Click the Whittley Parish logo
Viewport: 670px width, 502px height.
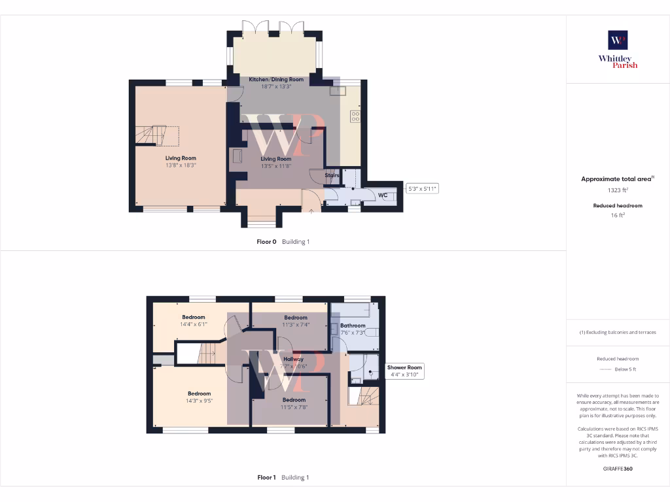(618, 49)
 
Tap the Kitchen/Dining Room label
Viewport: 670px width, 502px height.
(275, 79)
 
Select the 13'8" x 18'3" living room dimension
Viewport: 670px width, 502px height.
(181, 165)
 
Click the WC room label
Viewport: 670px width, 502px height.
(382, 195)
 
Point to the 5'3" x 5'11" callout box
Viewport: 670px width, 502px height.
(422, 189)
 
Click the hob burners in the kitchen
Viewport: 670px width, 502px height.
(355, 116)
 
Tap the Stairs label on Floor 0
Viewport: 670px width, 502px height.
(332, 175)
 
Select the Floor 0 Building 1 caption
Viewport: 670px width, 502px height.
(283, 242)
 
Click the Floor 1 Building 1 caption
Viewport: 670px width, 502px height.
(283, 478)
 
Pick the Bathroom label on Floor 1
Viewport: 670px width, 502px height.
(353, 325)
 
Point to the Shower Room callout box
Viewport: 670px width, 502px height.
(405, 371)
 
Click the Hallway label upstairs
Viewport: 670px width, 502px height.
(293, 359)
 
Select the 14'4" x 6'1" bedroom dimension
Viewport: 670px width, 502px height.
(193, 324)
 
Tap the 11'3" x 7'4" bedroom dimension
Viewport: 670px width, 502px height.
(296, 325)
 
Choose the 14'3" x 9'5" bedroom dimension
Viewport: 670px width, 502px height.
(198, 401)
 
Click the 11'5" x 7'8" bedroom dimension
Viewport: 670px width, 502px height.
(294, 407)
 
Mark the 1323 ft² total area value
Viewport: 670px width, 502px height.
(618, 190)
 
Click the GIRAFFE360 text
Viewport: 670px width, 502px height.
(618, 469)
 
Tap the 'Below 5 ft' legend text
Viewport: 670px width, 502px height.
(626, 369)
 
